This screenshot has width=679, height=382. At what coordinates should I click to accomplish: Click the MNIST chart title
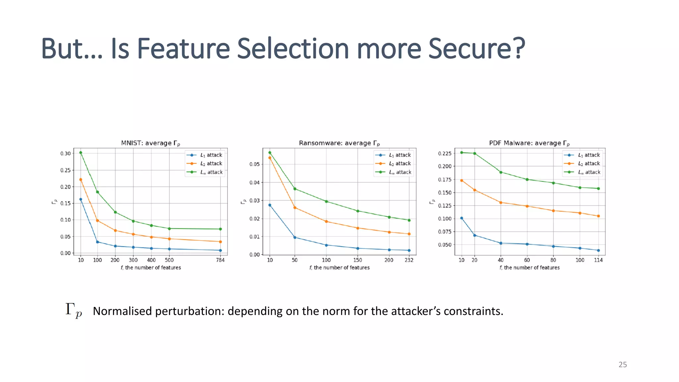[x=150, y=143]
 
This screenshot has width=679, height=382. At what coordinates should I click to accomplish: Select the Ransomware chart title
[x=339, y=143]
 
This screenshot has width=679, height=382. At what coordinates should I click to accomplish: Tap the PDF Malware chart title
[x=529, y=143]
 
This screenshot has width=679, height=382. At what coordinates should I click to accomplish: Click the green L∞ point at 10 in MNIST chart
[x=81, y=153]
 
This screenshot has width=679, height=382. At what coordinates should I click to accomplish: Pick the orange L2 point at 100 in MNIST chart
[x=97, y=221]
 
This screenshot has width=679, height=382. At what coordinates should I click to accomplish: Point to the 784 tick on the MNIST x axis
[x=220, y=260]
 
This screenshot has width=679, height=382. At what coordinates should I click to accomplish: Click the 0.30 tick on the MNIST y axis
[x=66, y=153]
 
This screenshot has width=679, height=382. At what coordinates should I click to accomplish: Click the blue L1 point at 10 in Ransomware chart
[x=270, y=205]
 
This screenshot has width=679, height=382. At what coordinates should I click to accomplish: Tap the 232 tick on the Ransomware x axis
[x=409, y=260]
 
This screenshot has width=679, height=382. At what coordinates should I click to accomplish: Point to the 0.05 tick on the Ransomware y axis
[x=255, y=164]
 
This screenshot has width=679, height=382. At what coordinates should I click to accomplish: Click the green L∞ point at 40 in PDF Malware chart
[x=501, y=172]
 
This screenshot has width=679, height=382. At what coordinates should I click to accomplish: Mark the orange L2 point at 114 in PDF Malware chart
[x=598, y=216]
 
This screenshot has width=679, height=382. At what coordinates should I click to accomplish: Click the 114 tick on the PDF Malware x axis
[x=598, y=260]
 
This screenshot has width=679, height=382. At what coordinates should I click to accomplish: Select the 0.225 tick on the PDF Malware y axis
[x=445, y=153]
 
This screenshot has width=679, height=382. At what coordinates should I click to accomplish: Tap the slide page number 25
[x=623, y=365]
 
